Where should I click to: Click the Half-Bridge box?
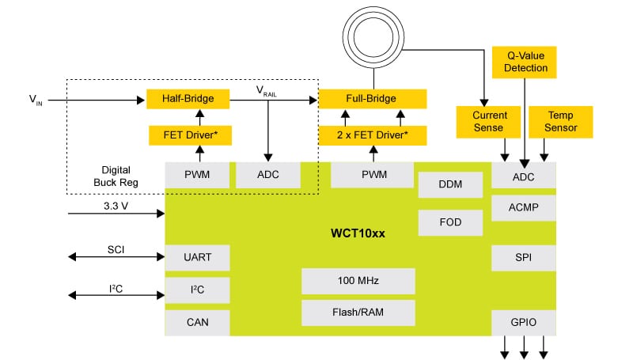[188, 99]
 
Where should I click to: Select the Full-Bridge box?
[372, 99]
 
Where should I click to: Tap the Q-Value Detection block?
[525, 62]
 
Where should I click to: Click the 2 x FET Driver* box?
[372, 135]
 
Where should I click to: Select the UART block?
[197, 257]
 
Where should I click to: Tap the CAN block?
[197, 322]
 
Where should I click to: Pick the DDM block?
[449, 184]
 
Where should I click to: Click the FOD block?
[449, 222]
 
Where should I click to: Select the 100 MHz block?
[358, 281]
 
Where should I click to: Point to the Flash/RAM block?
[358, 311]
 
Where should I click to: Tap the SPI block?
[523, 258]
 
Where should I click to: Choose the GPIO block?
[523, 323]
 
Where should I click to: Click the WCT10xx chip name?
[358, 234]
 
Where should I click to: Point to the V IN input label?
[36, 100]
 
